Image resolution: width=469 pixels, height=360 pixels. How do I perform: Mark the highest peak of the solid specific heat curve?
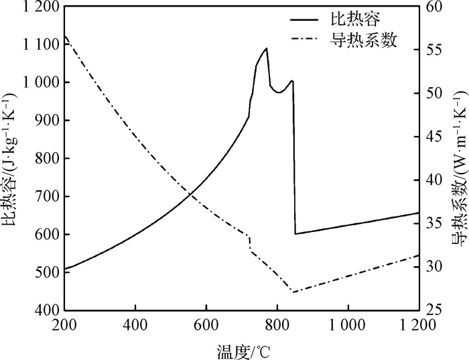(x=267, y=48)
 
